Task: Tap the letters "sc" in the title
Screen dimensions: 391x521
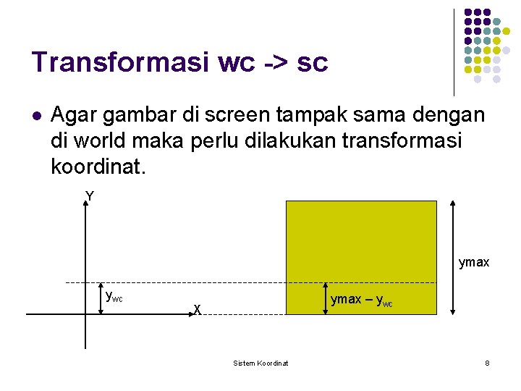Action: [312, 64]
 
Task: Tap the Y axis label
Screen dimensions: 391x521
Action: [89, 196]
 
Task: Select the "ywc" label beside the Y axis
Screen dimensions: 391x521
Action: [114, 295]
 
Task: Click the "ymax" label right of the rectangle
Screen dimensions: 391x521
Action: [473, 262]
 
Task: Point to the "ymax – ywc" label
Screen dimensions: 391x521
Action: [361, 300]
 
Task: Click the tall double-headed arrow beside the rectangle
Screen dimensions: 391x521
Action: [452, 257]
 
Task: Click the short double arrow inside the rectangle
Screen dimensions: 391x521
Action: [323, 298]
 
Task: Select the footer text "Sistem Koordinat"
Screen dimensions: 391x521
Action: [260, 363]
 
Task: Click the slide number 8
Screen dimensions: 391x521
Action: [487, 363]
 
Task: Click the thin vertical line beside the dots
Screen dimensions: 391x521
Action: [454, 52]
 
